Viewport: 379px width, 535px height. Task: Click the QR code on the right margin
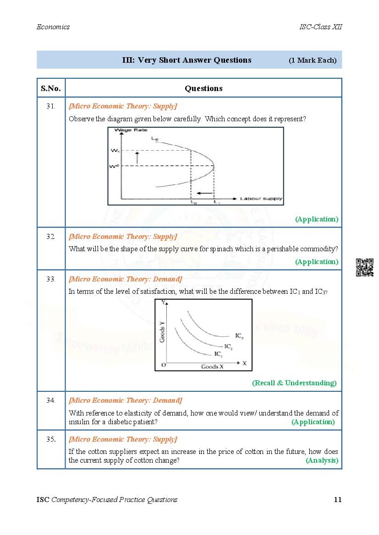(364, 267)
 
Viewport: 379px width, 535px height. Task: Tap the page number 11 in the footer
(337, 499)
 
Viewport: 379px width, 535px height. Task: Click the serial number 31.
(50, 106)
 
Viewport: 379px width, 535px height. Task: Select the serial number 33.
(50, 279)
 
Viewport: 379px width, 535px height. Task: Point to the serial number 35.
(50, 439)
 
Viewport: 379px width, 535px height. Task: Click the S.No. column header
(50, 88)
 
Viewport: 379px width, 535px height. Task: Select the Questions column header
(203, 88)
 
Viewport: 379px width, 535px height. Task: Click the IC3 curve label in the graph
(239, 336)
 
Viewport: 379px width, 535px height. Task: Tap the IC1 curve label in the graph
(218, 354)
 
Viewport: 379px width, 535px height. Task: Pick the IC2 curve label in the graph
(228, 346)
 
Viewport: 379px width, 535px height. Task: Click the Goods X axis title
(212, 367)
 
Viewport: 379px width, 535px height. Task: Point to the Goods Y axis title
(162, 332)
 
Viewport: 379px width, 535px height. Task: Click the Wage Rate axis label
(124, 130)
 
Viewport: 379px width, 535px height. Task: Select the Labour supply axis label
(261, 199)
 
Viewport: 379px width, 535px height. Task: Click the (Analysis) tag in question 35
(322, 460)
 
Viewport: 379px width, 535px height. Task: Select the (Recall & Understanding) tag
(294, 383)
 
